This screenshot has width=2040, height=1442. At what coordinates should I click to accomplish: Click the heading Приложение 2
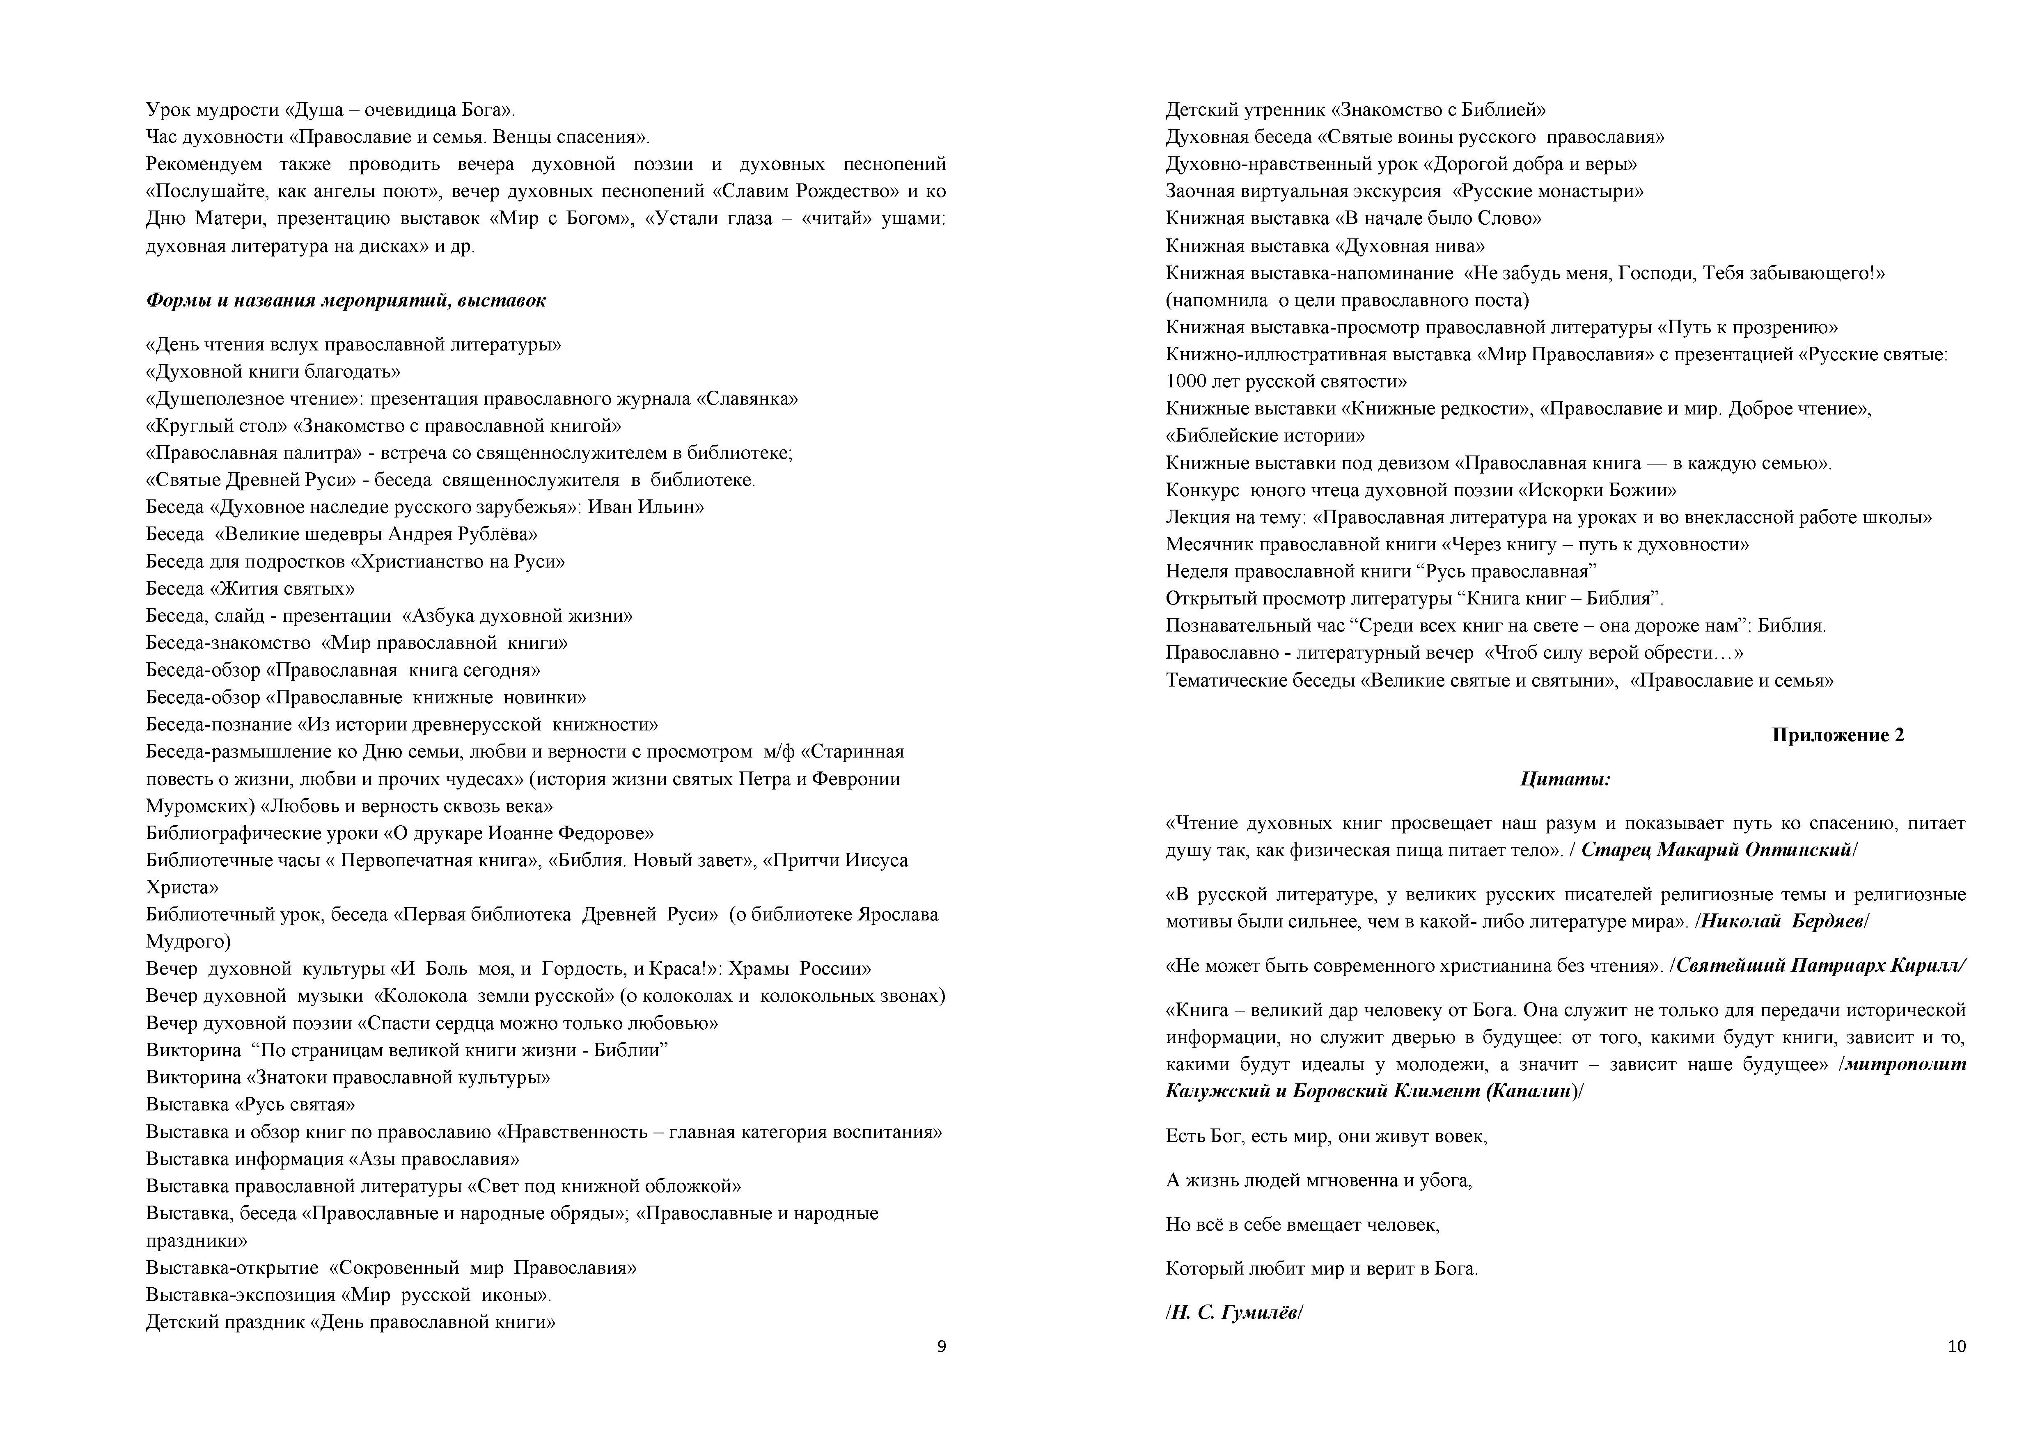click(1837, 735)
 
